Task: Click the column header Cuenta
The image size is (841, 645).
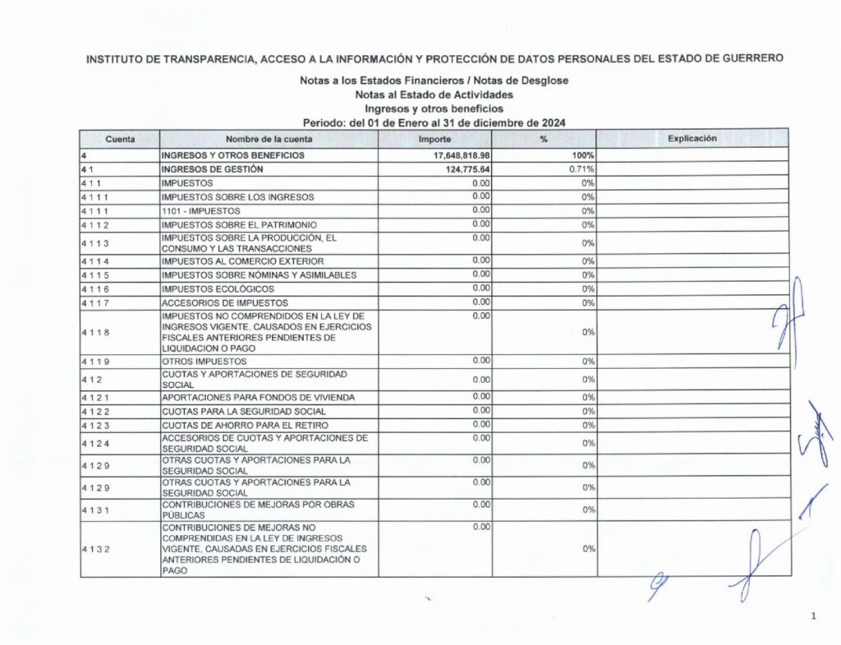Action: [x=120, y=139]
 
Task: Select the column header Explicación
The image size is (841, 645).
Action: [x=692, y=139]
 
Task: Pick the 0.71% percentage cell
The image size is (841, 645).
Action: [x=581, y=169]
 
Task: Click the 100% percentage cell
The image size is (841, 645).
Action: [x=581, y=155]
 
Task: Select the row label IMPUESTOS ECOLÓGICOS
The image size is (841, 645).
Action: [x=218, y=289]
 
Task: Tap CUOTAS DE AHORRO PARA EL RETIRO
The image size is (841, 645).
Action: [x=244, y=426]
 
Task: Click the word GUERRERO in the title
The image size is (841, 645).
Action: [x=747, y=58]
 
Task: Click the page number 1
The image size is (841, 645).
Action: [x=812, y=616]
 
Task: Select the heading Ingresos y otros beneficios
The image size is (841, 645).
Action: [x=434, y=108]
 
